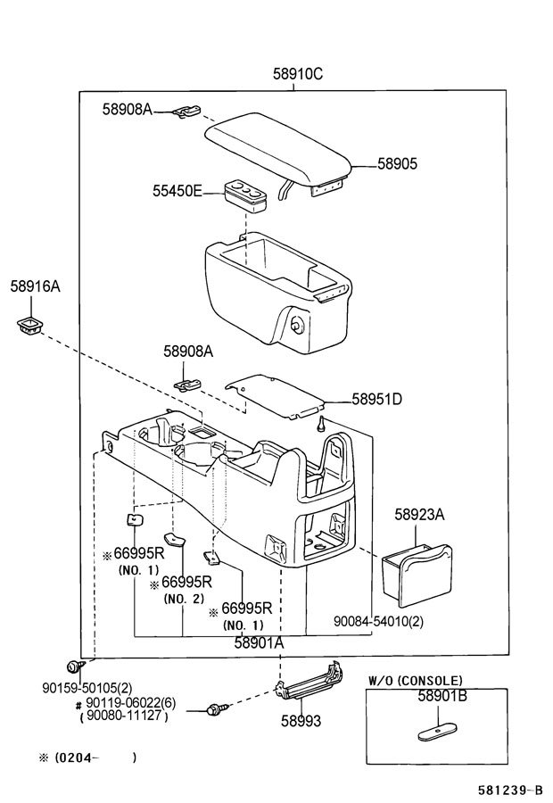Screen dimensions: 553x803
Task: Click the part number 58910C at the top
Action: tap(298, 74)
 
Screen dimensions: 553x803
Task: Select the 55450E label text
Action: tap(177, 191)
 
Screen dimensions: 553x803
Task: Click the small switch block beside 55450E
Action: tap(244, 195)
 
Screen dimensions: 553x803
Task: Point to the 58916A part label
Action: tap(36, 286)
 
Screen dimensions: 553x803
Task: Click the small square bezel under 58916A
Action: tap(29, 326)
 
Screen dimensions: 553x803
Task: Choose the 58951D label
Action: tap(376, 399)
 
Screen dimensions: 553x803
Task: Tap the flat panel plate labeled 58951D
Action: tap(276, 397)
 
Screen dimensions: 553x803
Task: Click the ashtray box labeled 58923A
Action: tap(417, 575)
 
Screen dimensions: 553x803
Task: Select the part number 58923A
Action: tap(419, 514)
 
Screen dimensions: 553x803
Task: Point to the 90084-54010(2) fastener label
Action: tap(378, 621)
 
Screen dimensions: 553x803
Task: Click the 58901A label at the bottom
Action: tap(259, 642)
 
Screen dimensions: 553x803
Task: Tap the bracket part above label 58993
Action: tap(309, 681)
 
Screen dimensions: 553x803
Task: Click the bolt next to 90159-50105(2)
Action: tap(74, 667)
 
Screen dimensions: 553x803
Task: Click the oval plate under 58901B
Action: tap(437, 733)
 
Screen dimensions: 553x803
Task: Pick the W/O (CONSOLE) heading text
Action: tap(416, 681)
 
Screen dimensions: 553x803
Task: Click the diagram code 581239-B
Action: tap(510, 790)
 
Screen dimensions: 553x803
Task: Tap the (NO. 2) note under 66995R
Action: tap(184, 598)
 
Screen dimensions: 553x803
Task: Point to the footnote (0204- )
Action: tap(88, 757)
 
